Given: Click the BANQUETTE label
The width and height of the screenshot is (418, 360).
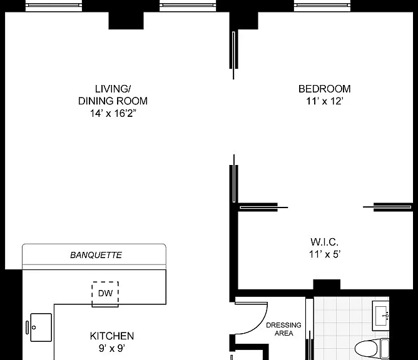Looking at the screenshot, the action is point(96,255).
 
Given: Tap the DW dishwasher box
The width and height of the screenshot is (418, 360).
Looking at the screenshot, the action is point(105,294).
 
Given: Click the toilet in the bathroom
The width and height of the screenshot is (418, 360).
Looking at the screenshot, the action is point(372,349).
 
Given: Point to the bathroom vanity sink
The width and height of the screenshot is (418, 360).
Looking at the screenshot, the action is point(380,316).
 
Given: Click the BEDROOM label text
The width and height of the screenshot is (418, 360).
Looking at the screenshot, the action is point(324,89).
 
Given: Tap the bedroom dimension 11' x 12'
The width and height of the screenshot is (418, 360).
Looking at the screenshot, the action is point(324,101).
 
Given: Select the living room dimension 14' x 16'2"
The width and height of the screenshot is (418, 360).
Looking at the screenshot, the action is point(113,113).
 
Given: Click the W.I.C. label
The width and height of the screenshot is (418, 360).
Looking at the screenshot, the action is point(324,242).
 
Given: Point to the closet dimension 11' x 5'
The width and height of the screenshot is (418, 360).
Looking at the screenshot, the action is point(324,254).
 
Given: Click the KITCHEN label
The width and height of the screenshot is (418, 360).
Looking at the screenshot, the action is point(112,336).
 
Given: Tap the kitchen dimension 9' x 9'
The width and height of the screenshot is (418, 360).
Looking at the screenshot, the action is point(112,348).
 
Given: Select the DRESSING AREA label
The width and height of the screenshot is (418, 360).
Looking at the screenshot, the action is point(283,329).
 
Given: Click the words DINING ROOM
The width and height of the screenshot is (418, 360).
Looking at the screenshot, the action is point(113,101).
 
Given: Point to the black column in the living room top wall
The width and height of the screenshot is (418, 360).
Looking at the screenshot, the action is point(126,21).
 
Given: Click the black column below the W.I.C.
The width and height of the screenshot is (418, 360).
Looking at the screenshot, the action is point(327,284).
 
